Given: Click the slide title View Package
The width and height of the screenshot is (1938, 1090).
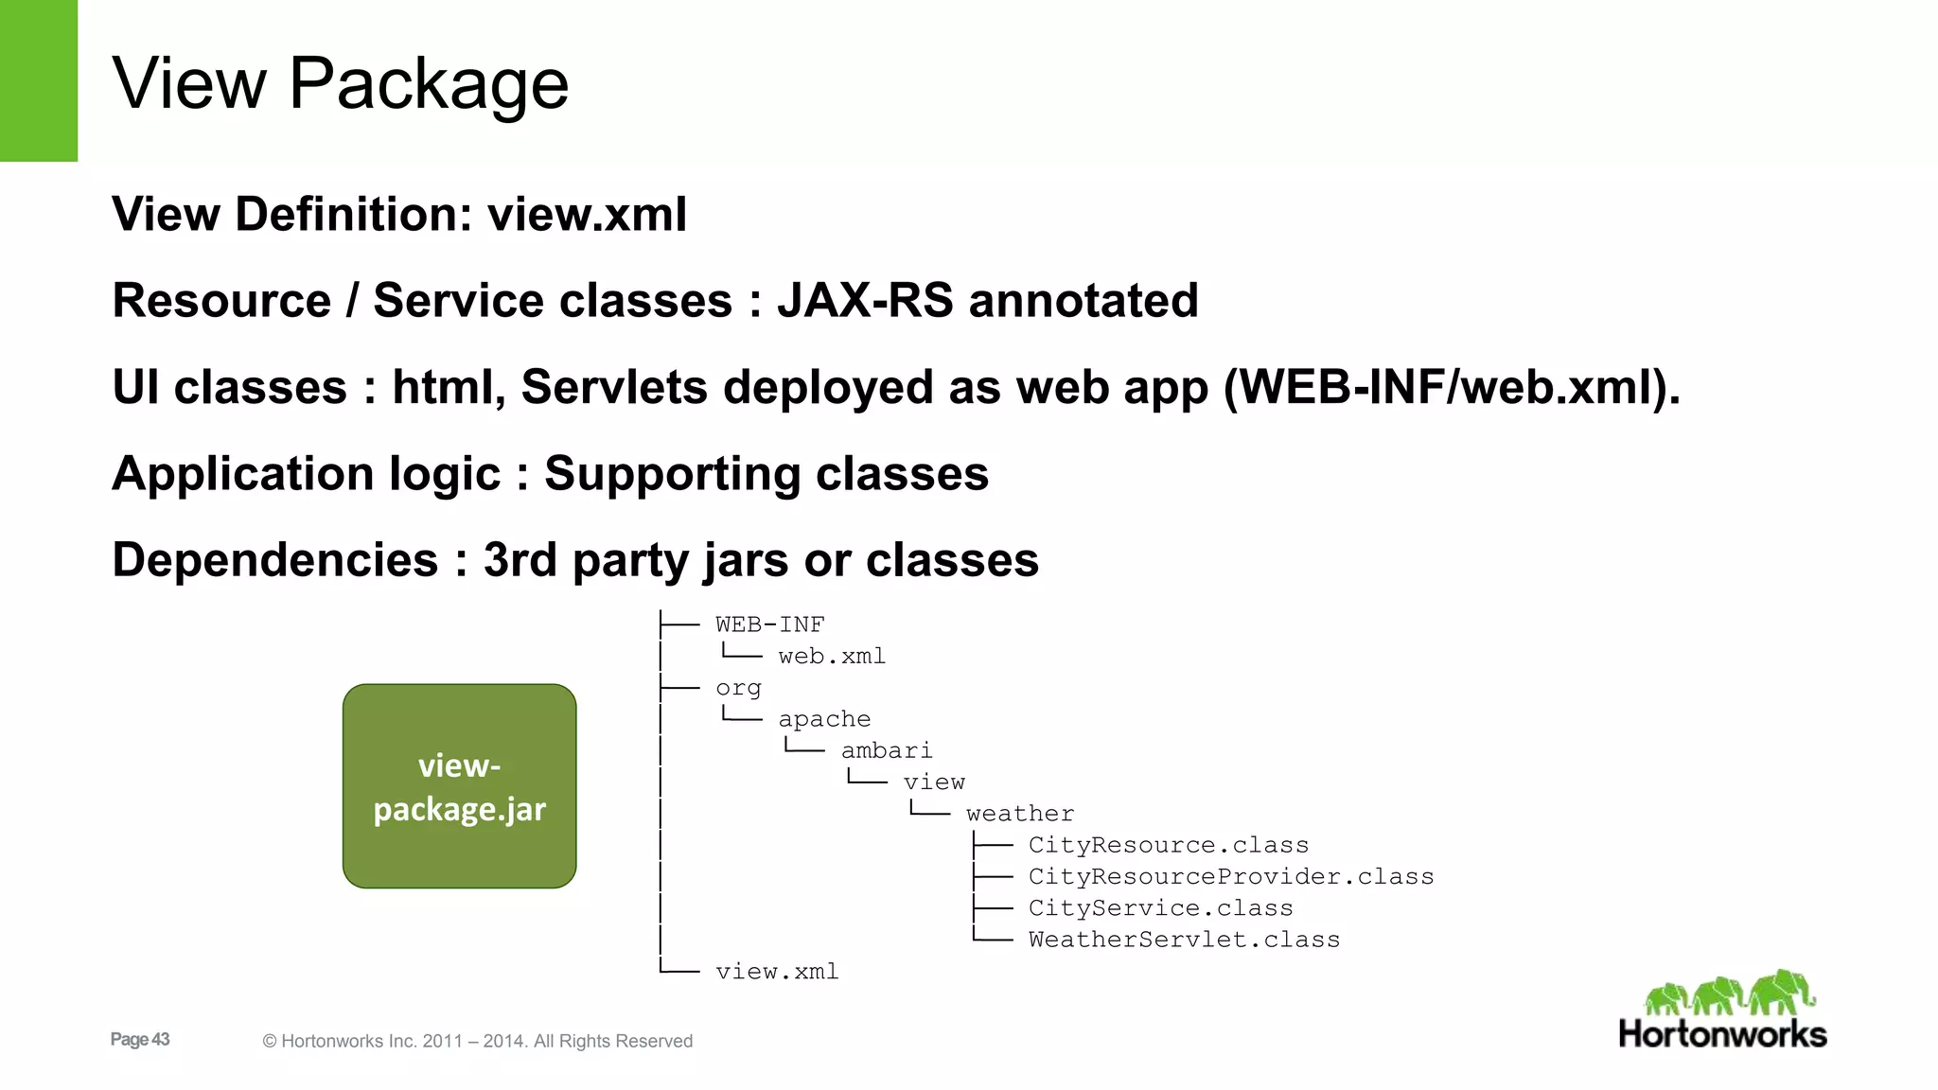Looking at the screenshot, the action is click(341, 83).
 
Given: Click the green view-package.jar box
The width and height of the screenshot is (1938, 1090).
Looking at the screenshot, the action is click(459, 786).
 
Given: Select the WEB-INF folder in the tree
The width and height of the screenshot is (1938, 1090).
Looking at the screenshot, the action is click(769, 624).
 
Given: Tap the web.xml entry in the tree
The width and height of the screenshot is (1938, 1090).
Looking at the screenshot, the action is click(832, 657).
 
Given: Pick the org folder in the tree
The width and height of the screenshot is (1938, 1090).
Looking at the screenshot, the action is click(738, 688).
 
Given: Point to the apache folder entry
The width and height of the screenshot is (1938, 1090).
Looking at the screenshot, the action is click(824, 719).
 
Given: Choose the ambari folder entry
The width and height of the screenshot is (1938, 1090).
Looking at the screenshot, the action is click(887, 750).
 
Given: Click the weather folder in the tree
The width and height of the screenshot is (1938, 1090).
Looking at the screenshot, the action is click(1020, 814).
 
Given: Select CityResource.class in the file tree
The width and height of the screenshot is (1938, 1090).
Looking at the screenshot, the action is click(1169, 845).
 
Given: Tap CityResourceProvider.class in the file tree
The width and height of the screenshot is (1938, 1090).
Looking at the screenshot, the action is click(1231, 877).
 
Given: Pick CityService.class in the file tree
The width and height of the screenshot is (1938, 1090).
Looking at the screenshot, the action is click(1160, 908).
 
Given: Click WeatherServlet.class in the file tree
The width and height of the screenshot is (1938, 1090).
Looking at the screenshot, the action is click(1184, 940).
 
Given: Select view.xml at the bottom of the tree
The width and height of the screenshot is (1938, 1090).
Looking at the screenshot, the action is click(777, 972).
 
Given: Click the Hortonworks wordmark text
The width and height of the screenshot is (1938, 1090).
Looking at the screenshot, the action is click(1722, 1034).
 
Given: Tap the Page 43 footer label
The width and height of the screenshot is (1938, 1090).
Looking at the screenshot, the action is click(140, 1039).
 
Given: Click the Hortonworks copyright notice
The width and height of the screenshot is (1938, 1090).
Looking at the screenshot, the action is click(478, 1041).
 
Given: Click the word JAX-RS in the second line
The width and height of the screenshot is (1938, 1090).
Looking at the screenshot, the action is click(865, 301).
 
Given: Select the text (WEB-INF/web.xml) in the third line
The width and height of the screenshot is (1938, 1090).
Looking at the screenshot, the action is click(1452, 388).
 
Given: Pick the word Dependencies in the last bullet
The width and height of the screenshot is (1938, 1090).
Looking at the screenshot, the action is click(275, 560).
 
